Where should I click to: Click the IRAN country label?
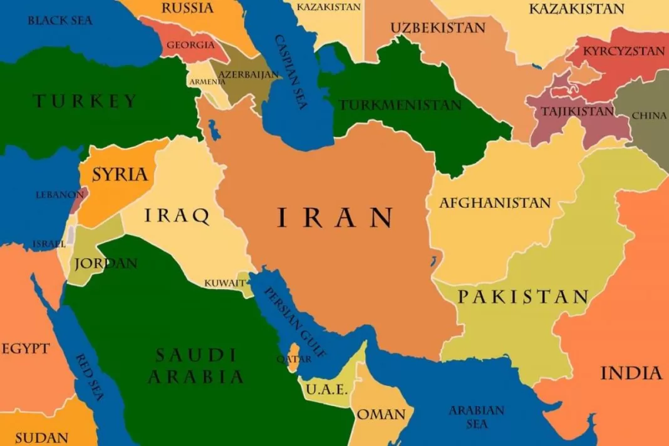point(335,218)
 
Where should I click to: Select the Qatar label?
point(294,359)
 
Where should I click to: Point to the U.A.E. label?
point(326,389)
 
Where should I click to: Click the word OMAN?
point(381,415)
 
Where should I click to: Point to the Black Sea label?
point(60,21)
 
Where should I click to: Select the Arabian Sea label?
point(476,417)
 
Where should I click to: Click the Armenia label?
point(207,82)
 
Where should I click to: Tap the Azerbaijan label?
point(248,74)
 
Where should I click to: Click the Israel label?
point(49,243)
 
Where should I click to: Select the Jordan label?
point(105,263)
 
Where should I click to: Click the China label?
point(649,116)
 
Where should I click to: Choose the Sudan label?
point(41,437)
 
